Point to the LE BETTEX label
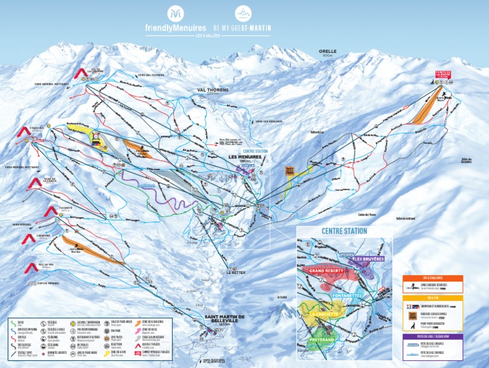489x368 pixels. tap(235, 272)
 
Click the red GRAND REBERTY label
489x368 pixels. tap(326, 271)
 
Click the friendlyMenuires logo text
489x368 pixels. tap(176, 28)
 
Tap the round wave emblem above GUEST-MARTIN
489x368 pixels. tap(243, 13)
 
